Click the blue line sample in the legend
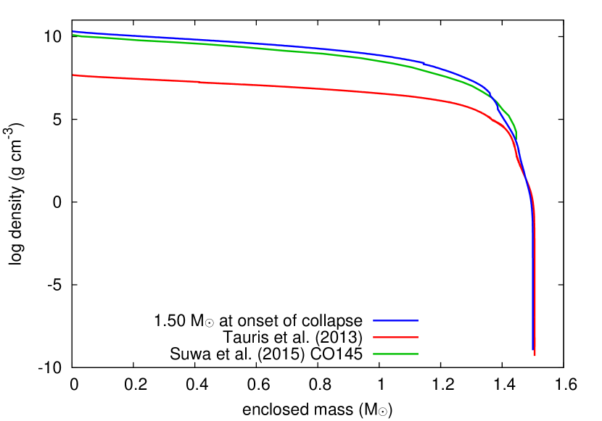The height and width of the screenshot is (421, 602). click(x=395, y=320)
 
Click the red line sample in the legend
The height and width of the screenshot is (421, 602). click(x=395, y=337)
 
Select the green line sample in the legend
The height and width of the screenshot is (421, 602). click(x=395, y=354)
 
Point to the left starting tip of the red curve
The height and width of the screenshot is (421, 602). click(x=73, y=75)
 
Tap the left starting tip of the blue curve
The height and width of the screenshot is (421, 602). click(x=73, y=31)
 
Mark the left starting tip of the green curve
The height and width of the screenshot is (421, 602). click(x=73, y=35)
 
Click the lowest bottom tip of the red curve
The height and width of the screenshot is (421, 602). click(x=535, y=355)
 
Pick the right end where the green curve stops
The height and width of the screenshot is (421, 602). click(x=516, y=138)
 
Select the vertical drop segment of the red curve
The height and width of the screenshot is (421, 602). click(x=535, y=290)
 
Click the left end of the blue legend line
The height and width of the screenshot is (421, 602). click(x=374, y=320)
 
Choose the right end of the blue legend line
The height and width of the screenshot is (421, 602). click(x=418, y=320)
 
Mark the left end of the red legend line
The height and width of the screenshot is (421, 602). click(x=374, y=337)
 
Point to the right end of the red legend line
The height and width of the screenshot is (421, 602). click(x=418, y=337)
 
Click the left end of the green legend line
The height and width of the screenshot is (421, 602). click(x=374, y=354)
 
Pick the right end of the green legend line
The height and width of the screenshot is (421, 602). click(x=418, y=354)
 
